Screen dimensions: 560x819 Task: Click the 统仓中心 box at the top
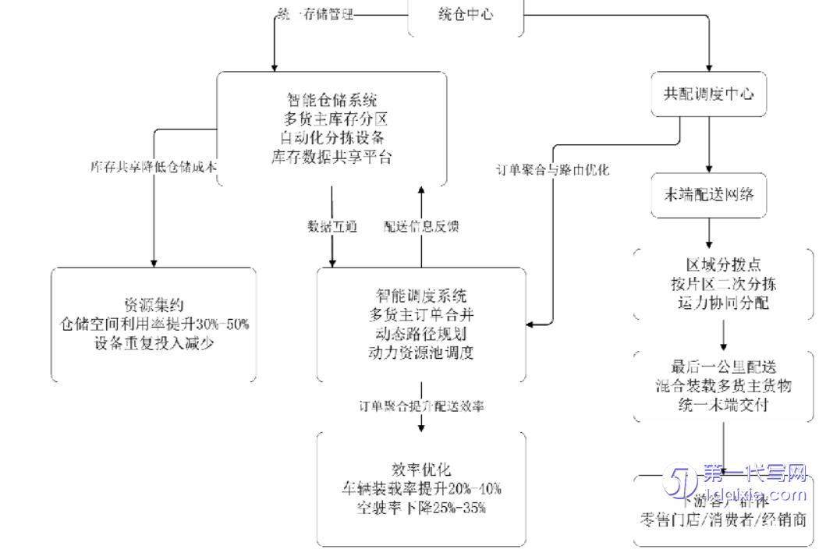466,14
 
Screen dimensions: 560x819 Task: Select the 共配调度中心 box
708,94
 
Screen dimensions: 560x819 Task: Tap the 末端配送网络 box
708,195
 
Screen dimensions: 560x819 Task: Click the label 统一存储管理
315,14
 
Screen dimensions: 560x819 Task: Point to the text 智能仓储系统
331,100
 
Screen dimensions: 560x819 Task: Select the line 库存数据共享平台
331,157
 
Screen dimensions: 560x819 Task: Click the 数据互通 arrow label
331,226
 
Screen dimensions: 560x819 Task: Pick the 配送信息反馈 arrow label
421,226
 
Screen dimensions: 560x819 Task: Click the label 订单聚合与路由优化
552,169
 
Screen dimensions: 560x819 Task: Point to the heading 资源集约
154,303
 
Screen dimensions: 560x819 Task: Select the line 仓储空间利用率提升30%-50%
154,323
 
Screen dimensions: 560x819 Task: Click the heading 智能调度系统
421,296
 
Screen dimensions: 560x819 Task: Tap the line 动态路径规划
421,334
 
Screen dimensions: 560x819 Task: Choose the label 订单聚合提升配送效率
421,406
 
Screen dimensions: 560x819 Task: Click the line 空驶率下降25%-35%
421,508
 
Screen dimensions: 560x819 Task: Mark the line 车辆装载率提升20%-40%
421,489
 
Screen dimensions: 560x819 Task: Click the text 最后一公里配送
724,367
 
